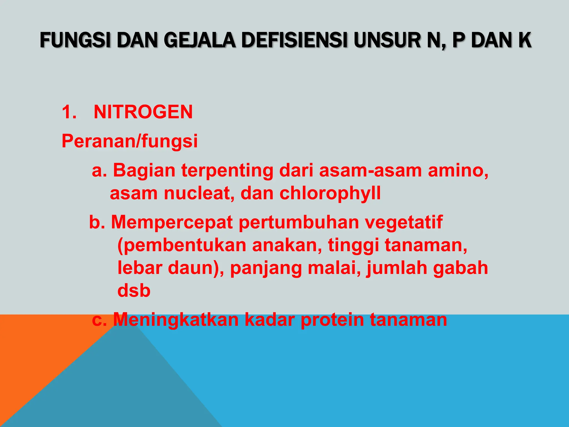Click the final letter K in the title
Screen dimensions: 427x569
(x=524, y=41)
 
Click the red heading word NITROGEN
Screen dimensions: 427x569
(x=143, y=112)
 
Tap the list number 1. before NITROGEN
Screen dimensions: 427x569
(x=69, y=112)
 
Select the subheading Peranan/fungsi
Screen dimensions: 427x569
(x=129, y=141)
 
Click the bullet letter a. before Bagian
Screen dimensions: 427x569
(x=99, y=170)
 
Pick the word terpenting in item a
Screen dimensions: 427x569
(x=227, y=170)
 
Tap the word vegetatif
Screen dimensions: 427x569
(x=403, y=222)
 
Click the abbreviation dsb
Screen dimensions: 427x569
(x=134, y=291)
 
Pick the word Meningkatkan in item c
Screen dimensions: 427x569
(x=176, y=320)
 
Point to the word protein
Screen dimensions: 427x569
(x=332, y=320)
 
